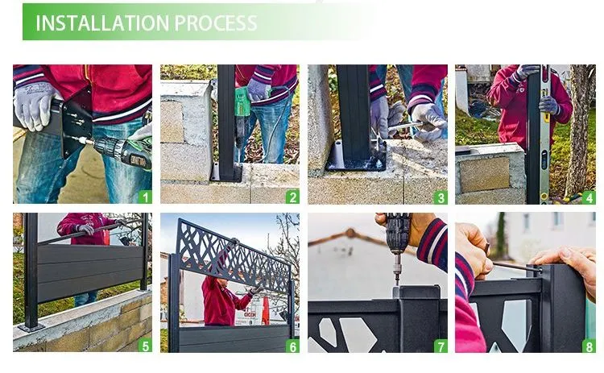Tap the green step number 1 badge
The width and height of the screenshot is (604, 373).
tap(144, 197)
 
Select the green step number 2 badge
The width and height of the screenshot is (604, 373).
tap(292, 197)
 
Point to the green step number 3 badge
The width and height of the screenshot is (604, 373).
tap(440, 197)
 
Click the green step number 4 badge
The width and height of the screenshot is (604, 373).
tap(588, 197)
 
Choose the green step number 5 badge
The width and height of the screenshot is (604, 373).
tap(144, 346)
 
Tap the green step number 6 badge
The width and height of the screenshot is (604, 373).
tap(292, 346)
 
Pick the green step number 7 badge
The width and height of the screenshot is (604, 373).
tap(440, 346)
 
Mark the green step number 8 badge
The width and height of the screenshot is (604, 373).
tap(588, 346)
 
